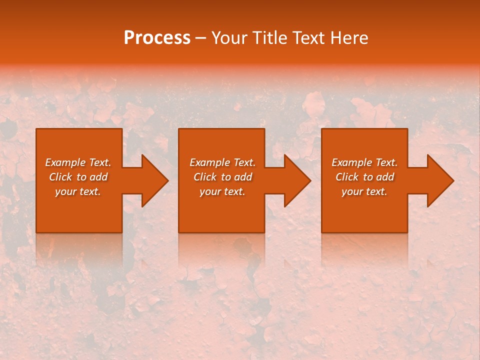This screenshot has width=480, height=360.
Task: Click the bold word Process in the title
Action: (x=157, y=38)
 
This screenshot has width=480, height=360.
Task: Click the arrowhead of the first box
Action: (x=154, y=180)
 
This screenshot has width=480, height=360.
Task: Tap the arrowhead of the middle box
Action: (x=297, y=180)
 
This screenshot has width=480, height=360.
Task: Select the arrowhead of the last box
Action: (x=440, y=180)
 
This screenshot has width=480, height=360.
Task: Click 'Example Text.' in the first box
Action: (x=78, y=162)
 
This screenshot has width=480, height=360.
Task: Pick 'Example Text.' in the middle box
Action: (x=222, y=162)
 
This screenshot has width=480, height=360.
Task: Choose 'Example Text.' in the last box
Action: (x=364, y=162)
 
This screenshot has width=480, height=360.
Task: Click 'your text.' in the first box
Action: (x=78, y=191)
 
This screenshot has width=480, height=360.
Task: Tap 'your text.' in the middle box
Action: (x=222, y=191)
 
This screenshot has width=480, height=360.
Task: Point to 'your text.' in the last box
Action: (x=364, y=191)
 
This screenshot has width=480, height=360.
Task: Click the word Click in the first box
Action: (x=60, y=177)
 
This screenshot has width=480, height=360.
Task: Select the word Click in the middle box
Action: (x=205, y=177)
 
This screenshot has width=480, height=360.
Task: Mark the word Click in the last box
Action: (x=347, y=177)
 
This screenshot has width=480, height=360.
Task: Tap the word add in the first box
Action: (x=99, y=177)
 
